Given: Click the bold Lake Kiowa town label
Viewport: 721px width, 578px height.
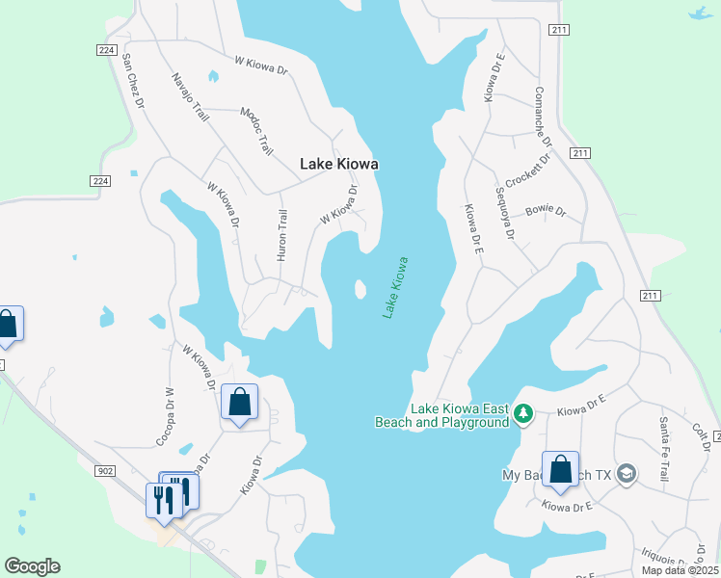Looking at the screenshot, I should [338, 165].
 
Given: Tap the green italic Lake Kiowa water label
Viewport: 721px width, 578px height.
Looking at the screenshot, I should [395, 287].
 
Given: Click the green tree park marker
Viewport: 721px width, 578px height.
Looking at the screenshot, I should [523, 414].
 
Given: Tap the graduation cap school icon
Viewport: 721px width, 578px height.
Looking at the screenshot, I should [627, 474].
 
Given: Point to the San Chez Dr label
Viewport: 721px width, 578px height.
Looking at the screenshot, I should [132, 79].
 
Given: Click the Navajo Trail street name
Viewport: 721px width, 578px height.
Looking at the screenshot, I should [190, 97].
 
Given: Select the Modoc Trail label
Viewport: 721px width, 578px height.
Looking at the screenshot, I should [256, 131].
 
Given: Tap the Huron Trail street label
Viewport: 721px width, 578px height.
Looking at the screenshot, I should [282, 236].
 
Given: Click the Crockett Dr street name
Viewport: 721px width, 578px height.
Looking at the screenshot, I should [528, 171].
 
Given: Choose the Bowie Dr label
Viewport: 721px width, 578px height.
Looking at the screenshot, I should [546, 211].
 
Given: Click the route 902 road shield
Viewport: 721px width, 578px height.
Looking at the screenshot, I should [106, 470].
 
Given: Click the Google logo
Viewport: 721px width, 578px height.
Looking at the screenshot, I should [32, 566].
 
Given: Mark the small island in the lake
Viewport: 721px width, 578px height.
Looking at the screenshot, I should [360, 289].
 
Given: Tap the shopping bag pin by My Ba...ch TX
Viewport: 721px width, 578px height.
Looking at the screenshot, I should [560, 467].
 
